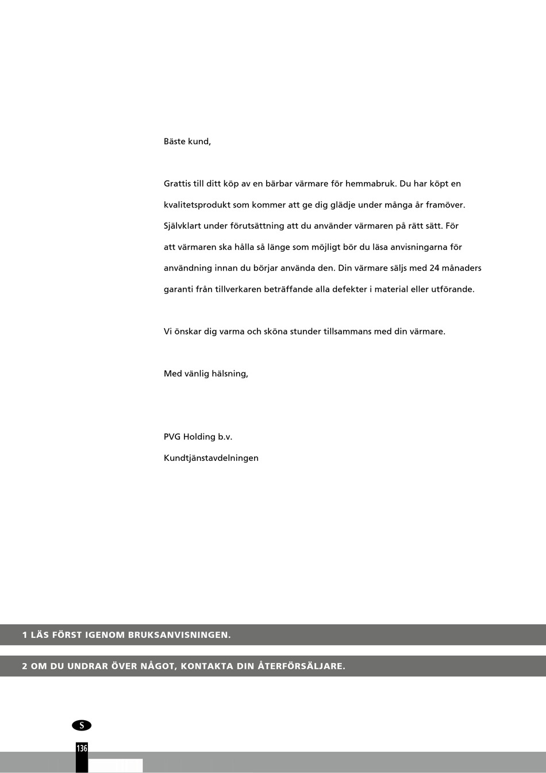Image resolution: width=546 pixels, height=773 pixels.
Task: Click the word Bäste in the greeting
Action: click(x=175, y=141)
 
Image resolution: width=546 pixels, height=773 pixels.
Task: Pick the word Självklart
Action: click(x=182, y=226)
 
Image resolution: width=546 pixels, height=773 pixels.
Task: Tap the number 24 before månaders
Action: click(x=435, y=268)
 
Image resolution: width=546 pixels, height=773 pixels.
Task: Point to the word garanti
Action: click(x=179, y=290)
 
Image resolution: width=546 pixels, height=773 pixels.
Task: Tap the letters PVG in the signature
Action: click(x=172, y=437)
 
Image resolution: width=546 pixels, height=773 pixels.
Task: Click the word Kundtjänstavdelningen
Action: click(x=211, y=458)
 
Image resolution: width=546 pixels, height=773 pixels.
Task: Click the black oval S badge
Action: click(x=82, y=725)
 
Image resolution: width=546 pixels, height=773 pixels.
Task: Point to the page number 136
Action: click(x=82, y=748)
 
